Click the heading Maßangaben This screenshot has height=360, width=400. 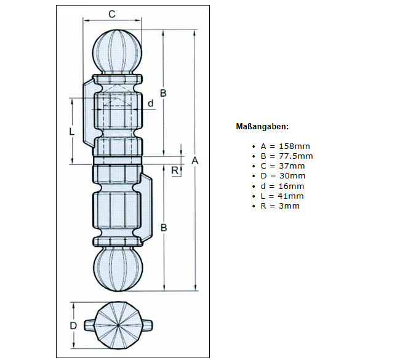click(262, 127)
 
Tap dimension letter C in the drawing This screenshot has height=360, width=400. click(111, 14)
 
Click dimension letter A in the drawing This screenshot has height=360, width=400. click(194, 161)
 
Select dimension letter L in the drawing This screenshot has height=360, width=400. click(72, 131)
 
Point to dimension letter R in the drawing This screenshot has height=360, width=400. click(175, 169)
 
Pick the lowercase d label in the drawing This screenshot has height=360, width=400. click(150, 103)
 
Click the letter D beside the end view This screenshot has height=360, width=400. click(73, 326)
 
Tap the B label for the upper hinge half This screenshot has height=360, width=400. click(163, 93)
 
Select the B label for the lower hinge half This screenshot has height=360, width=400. click(163, 228)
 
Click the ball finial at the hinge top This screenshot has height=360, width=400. click(118, 52)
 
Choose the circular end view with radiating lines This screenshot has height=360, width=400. click(118, 325)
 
